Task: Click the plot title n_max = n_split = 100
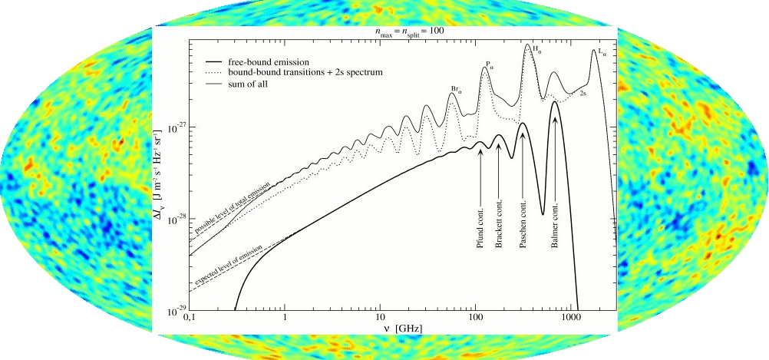point(407,32)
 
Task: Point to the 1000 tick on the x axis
point(571,319)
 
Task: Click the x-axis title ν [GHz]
point(400,329)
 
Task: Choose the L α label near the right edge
point(601,53)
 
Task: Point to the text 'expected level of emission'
point(230,269)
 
